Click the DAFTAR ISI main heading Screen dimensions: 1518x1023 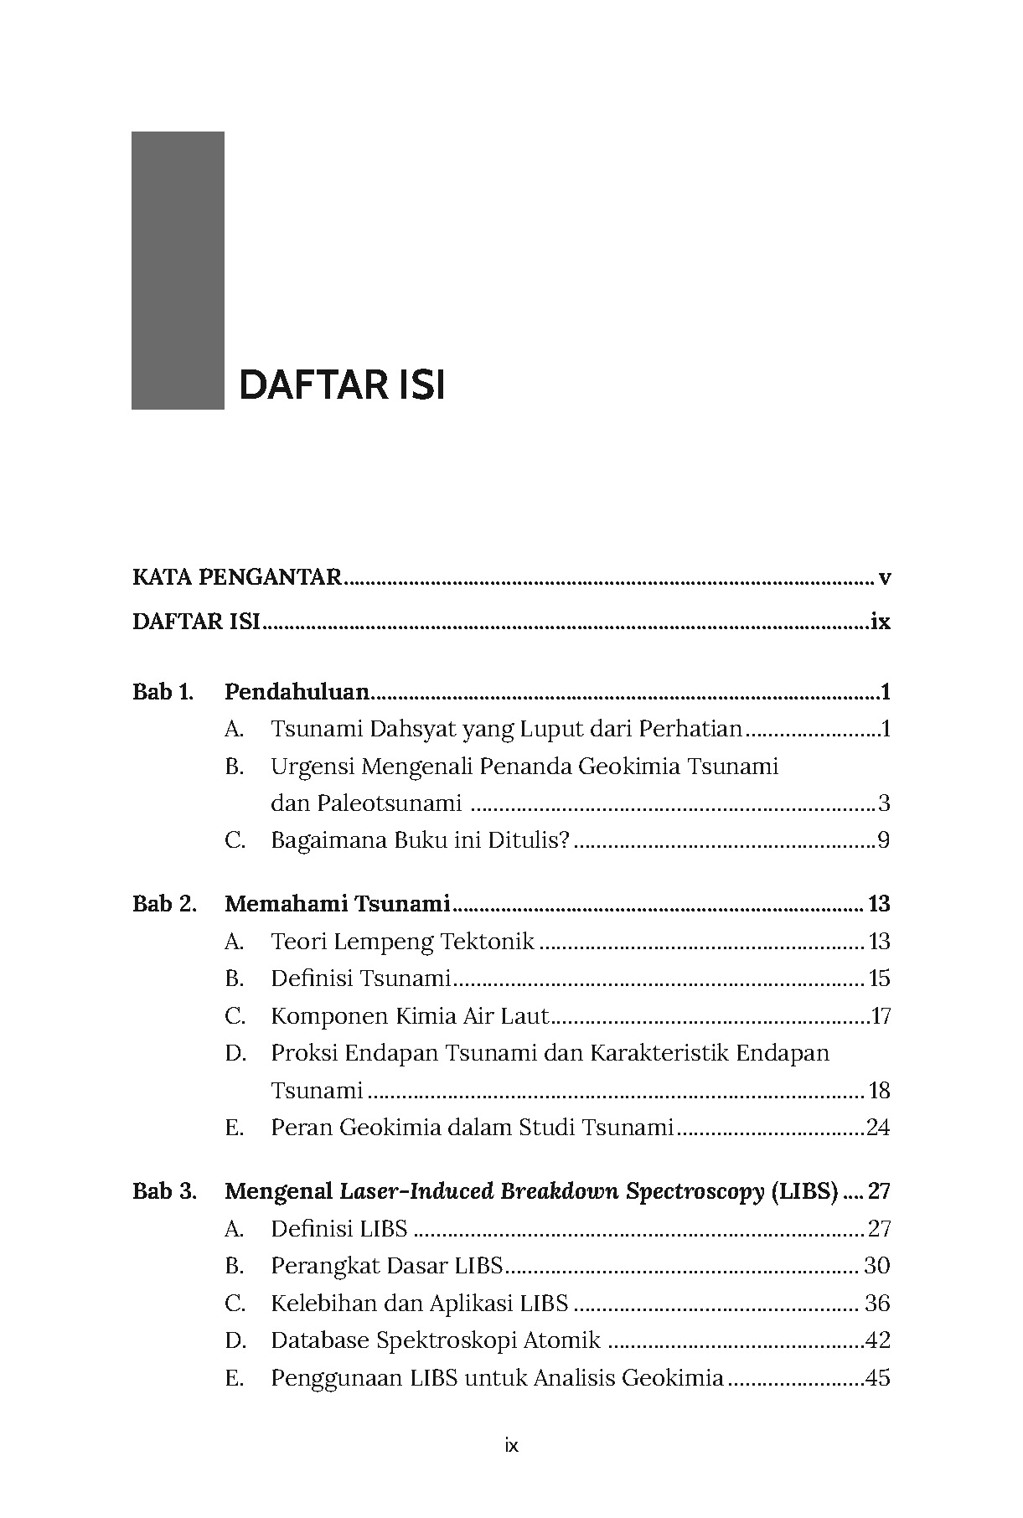click(341, 385)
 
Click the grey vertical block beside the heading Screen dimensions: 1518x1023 click(178, 270)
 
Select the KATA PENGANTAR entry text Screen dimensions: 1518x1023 click(237, 577)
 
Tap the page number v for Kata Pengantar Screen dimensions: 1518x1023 click(884, 577)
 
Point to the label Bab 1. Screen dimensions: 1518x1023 click(163, 692)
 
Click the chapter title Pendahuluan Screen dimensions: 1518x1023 click(297, 692)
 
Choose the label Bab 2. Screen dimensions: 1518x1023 click(164, 904)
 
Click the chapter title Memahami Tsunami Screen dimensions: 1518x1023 click(338, 904)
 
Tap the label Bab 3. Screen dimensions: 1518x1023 click(164, 1191)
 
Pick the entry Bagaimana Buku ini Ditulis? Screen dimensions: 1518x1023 click(420, 840)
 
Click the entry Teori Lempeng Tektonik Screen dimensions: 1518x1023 click(402, 942)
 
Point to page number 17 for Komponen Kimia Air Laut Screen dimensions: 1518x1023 click(881, 1016)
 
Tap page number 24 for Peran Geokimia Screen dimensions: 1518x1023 click(878, 1128)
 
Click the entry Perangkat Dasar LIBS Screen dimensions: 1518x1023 click(386, 1265)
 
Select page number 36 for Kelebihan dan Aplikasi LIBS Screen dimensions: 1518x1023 click(877, 1303)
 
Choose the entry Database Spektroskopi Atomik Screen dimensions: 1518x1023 click(435, 1340)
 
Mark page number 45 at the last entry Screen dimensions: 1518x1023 click(877, 1378)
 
